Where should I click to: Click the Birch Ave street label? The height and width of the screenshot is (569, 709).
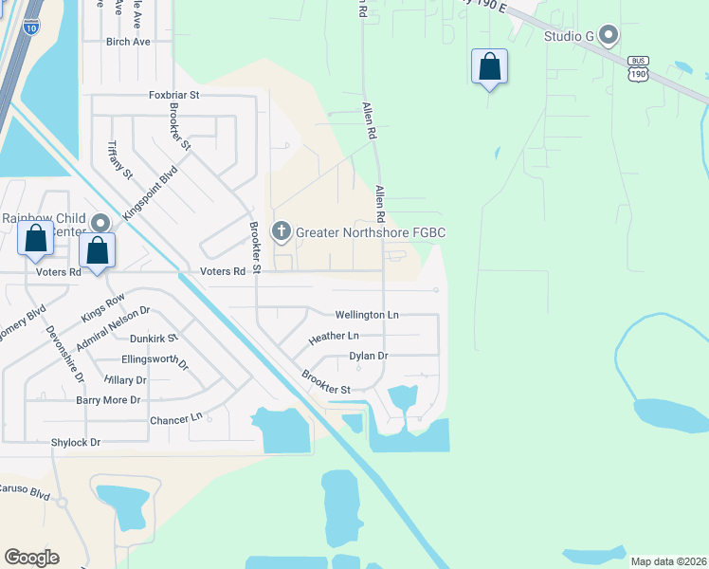(128, 43)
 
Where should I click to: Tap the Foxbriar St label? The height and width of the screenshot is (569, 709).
(174, 96)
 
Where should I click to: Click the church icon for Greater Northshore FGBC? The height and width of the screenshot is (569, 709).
(282, 231)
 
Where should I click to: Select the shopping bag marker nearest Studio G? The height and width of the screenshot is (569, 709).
(489, 67)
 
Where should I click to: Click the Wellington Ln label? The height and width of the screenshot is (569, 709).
(367, 315)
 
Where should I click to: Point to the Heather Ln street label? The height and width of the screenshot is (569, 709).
(334, 337)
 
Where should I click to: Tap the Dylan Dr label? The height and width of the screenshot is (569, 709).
(369, 356)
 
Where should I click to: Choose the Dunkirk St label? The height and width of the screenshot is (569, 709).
(154, 337)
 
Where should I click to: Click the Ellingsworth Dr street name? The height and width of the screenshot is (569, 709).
(155, 361)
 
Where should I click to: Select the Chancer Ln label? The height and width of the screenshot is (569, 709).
(176, 418)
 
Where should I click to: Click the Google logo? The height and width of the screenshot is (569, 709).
(31, 558)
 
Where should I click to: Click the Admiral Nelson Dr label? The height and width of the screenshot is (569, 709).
(114, 328)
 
